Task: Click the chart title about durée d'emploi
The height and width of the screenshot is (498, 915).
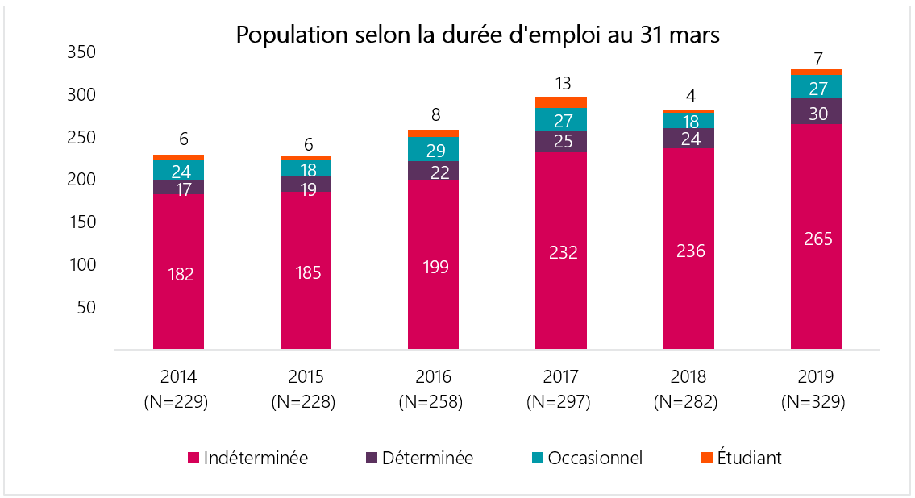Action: pos(477,35)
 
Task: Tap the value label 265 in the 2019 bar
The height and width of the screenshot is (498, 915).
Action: pos(816,239)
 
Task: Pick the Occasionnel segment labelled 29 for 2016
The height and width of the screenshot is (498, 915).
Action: pos(433,149)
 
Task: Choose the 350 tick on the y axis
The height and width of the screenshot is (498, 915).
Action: pos(82,52)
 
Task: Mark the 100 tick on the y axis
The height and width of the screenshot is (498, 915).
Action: pos(82,265)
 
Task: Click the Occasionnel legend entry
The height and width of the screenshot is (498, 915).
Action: pos(586,459)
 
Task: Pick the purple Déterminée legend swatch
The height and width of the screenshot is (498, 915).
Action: pos(371,459)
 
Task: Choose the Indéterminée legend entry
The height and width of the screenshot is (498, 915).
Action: pos(247,459)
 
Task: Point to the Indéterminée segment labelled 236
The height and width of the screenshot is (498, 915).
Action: pos(688,251)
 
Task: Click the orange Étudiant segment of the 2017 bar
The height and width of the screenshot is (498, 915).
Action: pos(560,102)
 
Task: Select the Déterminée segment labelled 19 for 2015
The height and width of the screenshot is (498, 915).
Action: pos(306,184)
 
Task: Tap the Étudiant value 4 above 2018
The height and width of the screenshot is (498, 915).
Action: pos(688,95)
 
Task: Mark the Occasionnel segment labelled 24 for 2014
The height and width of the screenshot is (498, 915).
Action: pos(178,170)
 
